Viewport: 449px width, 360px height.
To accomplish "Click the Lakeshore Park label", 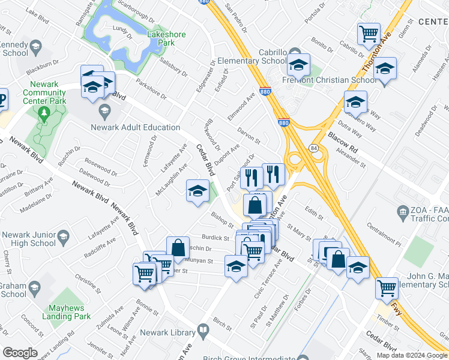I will coord(161,39).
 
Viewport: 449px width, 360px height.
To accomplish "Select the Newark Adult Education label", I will coord(135,127).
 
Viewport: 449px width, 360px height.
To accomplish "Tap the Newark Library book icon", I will coord(203,331).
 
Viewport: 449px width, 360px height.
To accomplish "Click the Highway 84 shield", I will coord(314,148).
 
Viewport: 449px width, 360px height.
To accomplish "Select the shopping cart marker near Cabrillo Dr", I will coord(369,34).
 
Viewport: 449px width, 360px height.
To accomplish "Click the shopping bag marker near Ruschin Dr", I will coord(178,248).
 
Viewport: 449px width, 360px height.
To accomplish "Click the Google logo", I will coord(20,353).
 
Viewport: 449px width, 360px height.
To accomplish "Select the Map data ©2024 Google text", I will coord(412,355).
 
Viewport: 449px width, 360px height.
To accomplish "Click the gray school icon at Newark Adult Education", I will coord(104,110).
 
